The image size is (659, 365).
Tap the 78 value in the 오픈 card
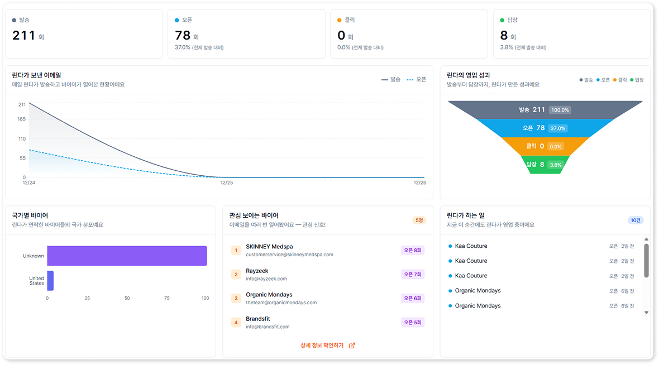(x=183, y=36)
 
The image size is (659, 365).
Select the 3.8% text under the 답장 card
(x=507, y=47)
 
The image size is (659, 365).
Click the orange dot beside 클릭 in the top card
(x=340, y=20)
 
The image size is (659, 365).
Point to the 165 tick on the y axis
(x=21, y=119)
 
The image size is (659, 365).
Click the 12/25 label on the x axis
(x=227, y=182)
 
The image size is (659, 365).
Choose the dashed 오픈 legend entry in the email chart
(x=417, y=80)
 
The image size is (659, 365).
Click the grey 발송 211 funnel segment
(x=545, y=110)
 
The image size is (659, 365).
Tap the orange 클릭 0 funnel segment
(x=545, y=146)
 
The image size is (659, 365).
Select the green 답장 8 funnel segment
(x=545, y=165)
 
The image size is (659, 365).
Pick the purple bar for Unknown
(x=127, y=256)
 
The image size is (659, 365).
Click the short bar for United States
(x=50, y=280)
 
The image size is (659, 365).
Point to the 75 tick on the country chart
(x=166, y=298)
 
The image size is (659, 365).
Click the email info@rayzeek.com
(x=266, y=278)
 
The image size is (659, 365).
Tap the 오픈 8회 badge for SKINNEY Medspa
(x=412, y=251)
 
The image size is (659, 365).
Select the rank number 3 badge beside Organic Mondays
(x=236, y=298)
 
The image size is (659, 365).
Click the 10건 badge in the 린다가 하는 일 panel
(x=636, y=220)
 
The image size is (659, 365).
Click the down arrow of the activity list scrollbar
(x=647, y=313)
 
